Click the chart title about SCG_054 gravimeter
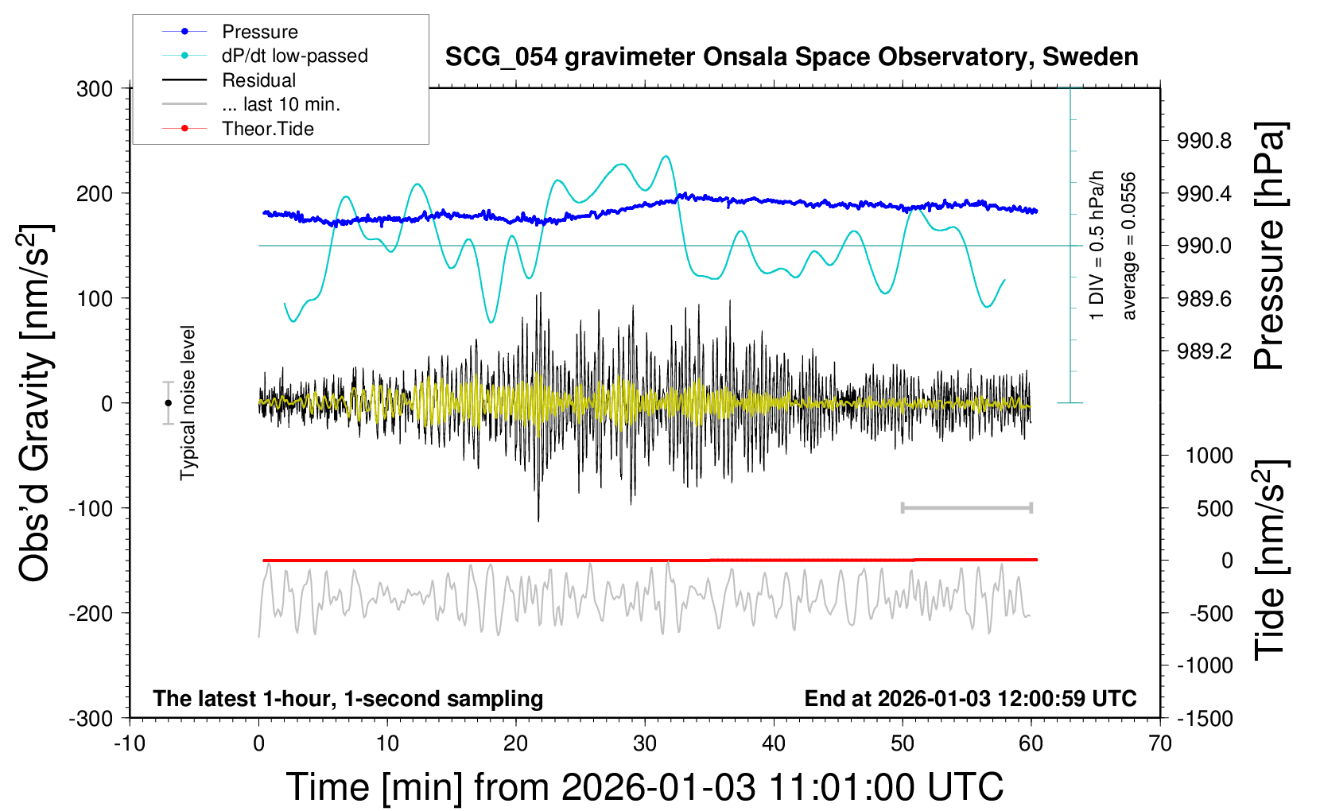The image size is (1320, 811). [791, 57]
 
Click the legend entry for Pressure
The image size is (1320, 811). [259, 32]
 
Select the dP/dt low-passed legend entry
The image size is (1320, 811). [294, 56]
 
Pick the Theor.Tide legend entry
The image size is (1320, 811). [267, 129]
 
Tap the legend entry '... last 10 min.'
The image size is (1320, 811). [280, 104]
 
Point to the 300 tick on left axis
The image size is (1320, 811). [95, 89]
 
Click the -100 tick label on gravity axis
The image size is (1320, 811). [91, 509]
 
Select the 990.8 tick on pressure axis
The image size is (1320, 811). [1204, 142]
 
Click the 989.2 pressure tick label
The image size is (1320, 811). [1204, 351]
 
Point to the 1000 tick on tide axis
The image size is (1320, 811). [1209, 456]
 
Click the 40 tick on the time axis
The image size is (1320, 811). [774, 744]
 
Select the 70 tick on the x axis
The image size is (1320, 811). [1160, 744]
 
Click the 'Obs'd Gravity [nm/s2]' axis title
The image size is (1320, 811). [36, 403]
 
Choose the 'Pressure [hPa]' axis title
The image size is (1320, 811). [1270, 246]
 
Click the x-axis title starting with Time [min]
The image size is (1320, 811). [644, 787]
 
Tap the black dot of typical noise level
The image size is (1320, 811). [169, 403]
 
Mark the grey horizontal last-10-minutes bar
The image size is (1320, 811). [967, 508]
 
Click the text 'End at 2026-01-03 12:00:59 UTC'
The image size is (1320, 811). [970, 699]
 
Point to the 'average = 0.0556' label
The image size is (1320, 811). [1129, 246]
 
